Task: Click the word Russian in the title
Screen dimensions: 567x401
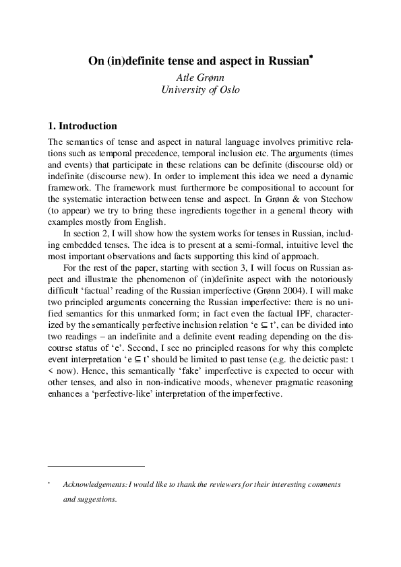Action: pos(286,61)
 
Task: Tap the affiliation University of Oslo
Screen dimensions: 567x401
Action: pos(201,90)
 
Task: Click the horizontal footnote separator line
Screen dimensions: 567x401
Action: pos(96,465)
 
